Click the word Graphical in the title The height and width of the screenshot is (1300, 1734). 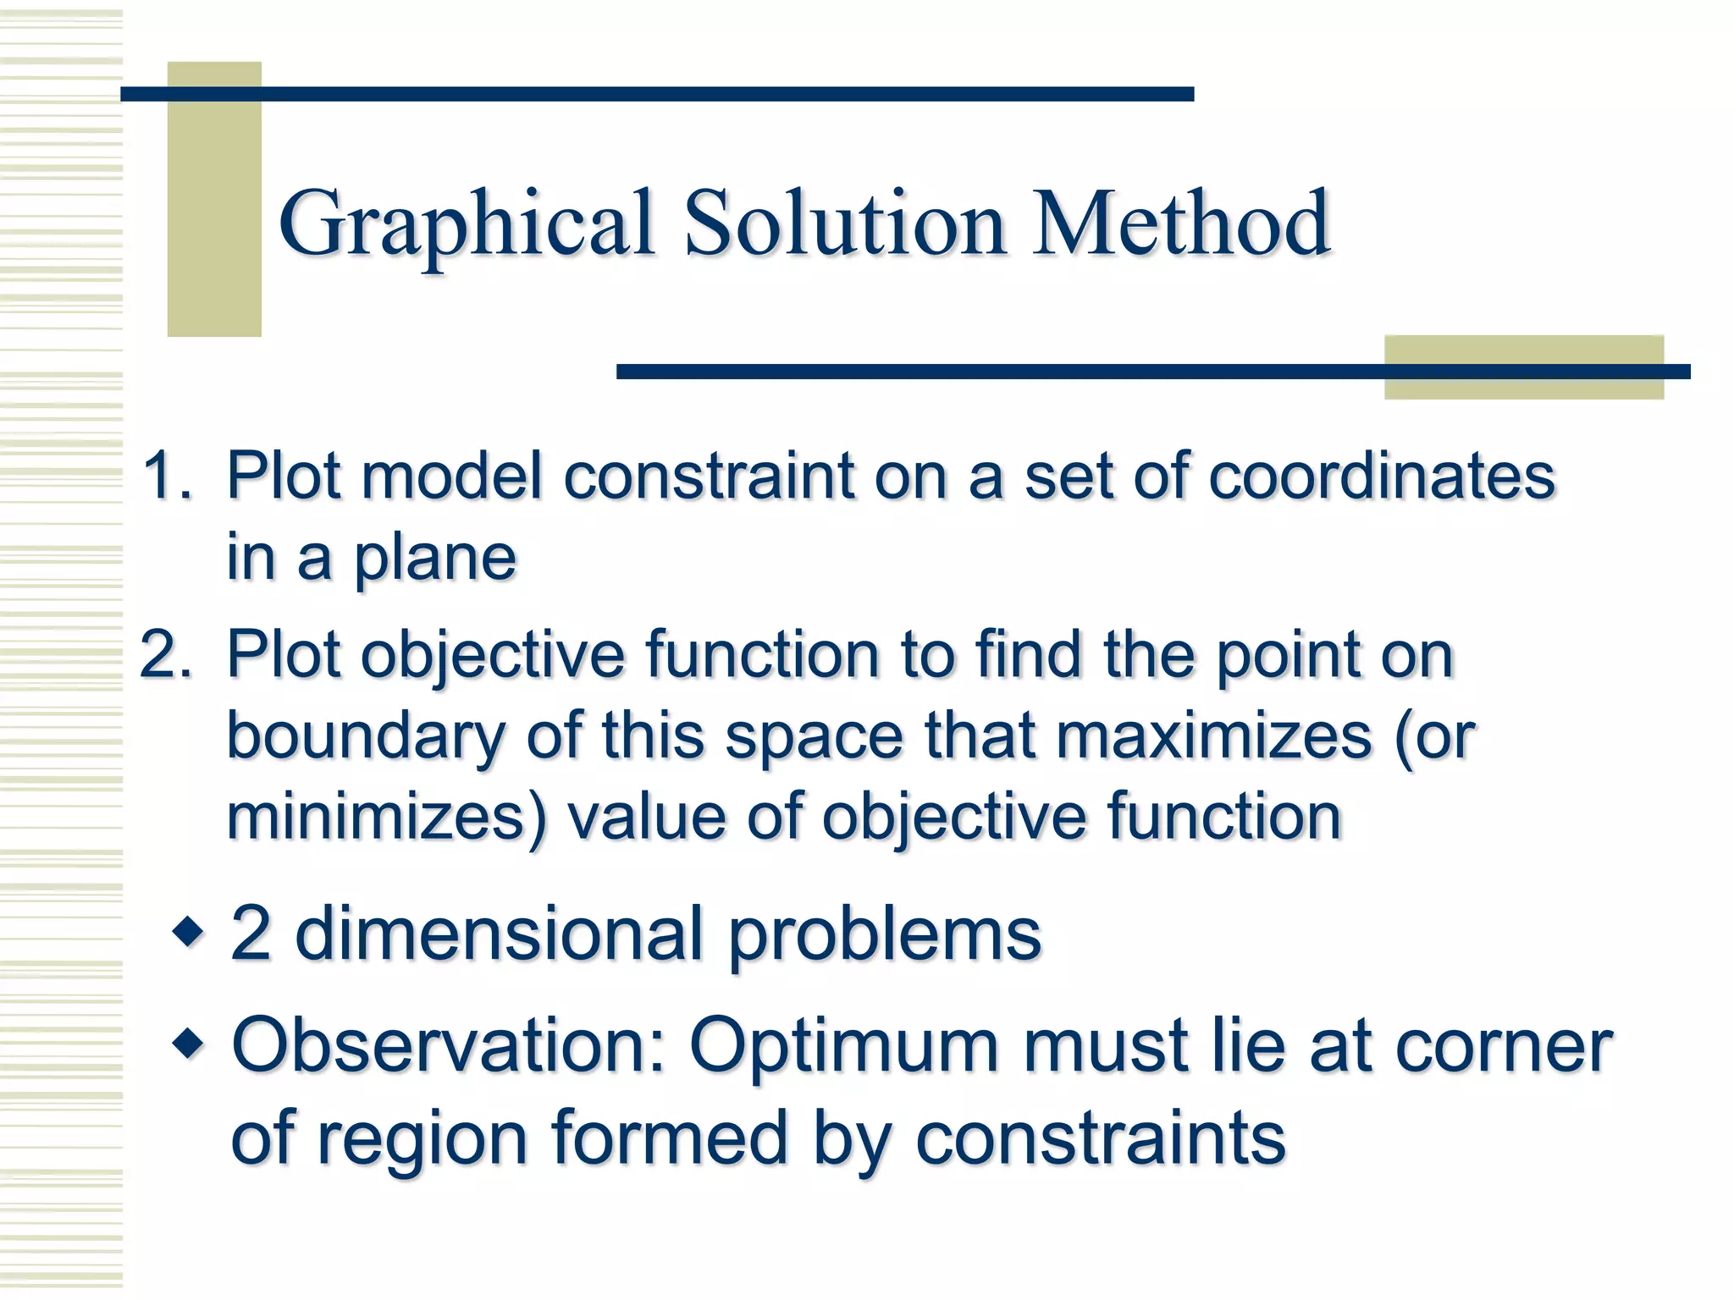[466, 224]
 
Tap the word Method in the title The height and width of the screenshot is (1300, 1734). [1181, 224]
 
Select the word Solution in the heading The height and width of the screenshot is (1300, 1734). [844, 224]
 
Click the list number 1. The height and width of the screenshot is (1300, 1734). [166, 476]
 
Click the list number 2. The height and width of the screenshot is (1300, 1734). [166, 655]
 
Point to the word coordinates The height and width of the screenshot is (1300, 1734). [1382, 476]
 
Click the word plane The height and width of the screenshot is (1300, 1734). [434, 559]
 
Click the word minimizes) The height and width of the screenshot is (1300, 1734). [386, 816]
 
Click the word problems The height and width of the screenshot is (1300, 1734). [885, 936]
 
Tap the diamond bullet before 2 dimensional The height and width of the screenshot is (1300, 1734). [188, 933]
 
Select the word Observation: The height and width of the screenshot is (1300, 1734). [449, 1046]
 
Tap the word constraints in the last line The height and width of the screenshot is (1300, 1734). [1100, 1138]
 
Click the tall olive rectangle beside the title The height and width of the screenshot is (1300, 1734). [214, 199]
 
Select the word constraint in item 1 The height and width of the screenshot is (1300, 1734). [709, 476]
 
